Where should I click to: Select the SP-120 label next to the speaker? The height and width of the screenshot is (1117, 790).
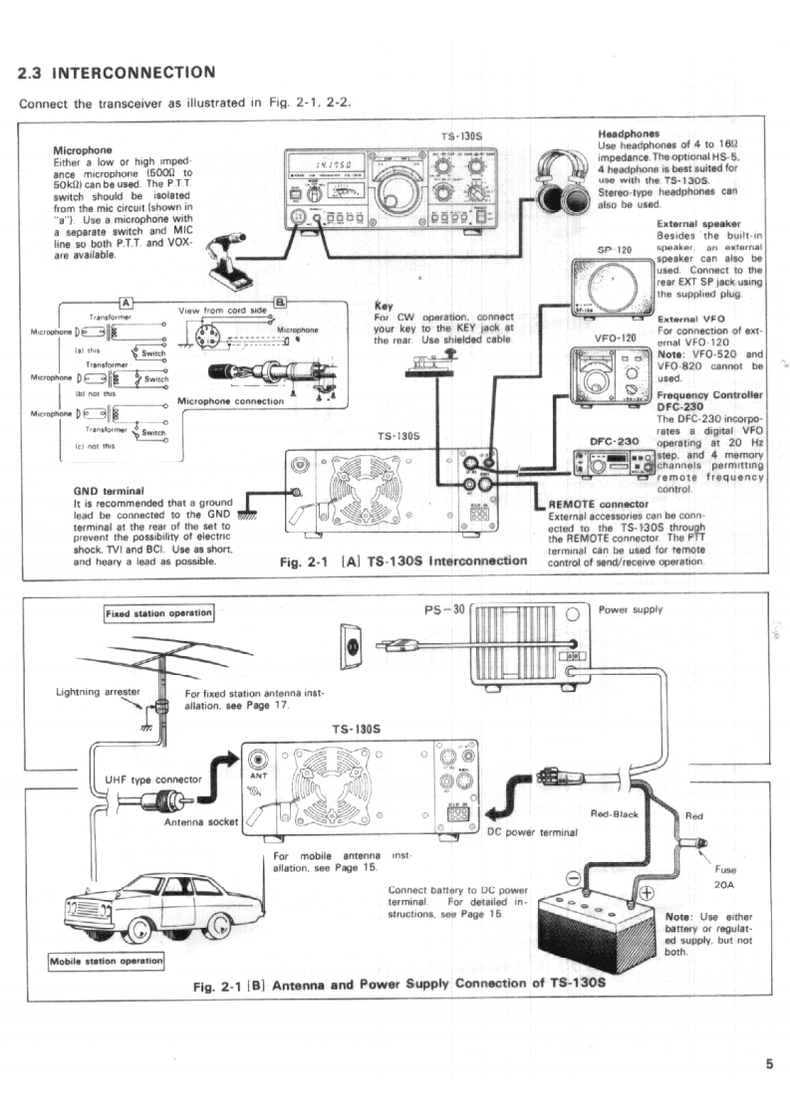[617, 249]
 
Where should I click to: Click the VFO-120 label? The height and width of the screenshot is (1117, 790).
[615, 336]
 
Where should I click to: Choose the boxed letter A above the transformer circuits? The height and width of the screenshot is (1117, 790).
[127, 303]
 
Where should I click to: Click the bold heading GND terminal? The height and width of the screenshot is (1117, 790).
[110, 491]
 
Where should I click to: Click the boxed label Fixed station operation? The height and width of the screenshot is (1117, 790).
[158, 612]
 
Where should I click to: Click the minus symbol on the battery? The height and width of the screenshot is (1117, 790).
[573, 877]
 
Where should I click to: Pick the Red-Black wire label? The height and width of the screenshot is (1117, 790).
[614, 814]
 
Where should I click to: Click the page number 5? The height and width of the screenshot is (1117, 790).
[768, 1062]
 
